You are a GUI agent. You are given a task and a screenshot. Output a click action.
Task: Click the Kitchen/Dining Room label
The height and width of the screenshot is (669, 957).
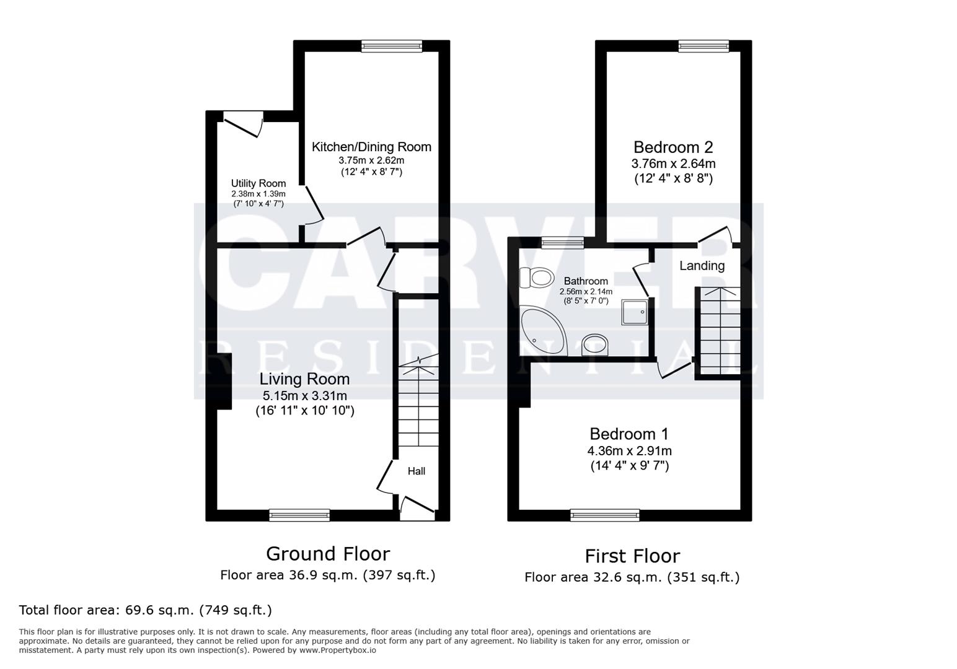[x=371, y=147]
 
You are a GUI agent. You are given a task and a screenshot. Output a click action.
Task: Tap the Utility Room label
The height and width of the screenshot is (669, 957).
[x=258, y=183]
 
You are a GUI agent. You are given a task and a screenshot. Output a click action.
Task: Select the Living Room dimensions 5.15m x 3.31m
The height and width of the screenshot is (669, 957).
[x=304, y=395]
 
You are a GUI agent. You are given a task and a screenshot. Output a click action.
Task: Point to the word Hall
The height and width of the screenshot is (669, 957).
[x=417, y=471]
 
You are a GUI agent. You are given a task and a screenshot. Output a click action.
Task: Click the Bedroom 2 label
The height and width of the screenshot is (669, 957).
[x=673, y=147]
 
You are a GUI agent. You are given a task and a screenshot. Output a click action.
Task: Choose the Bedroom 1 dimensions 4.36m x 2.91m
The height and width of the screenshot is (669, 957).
[x=629, y=451]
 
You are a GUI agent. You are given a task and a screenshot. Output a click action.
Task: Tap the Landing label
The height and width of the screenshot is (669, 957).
[x=702, y=266]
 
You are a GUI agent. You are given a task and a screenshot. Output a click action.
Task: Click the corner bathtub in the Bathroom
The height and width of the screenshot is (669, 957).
[x=542, y=330]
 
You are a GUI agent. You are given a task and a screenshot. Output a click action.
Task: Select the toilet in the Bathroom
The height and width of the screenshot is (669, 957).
[x=536, y=278]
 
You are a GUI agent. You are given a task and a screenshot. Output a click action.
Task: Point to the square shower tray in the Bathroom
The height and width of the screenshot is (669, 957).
[x=635, y=312]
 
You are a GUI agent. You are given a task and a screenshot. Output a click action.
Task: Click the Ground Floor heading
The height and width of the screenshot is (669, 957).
[x=328, y=553]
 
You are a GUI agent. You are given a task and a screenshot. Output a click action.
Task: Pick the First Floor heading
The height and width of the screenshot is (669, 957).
[x=632, y=556]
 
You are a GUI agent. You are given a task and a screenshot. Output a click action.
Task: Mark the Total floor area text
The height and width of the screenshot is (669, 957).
[x=146, y=610]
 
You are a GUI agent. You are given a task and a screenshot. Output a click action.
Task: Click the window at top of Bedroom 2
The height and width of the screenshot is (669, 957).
[x=703, y=46]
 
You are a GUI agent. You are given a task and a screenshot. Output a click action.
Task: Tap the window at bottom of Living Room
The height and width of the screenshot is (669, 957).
[x=299, y=515]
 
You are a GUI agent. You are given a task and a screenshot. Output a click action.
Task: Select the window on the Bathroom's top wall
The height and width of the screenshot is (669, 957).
[x=562, y=243]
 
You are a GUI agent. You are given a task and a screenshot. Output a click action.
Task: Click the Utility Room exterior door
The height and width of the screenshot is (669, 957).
[x=243, y=122]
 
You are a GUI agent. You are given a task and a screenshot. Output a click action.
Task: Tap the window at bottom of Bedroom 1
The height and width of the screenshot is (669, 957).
[x=604, y=515]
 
